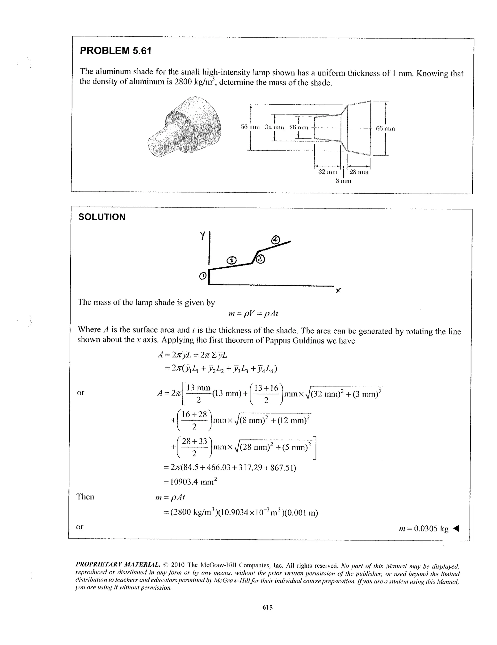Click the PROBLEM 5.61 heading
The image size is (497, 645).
(116, 51)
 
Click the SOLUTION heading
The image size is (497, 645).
(102, 217)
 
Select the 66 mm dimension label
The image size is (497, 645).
(385, 128)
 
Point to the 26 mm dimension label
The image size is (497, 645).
(298, 128)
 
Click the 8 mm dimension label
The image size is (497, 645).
(343, 181)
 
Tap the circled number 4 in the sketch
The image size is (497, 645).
(275, 240)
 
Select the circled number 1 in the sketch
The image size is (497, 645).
(203, 276)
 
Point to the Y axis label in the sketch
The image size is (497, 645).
(202, 235)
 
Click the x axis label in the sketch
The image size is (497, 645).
(339, 291)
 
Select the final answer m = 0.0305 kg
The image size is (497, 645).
(423, 528)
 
